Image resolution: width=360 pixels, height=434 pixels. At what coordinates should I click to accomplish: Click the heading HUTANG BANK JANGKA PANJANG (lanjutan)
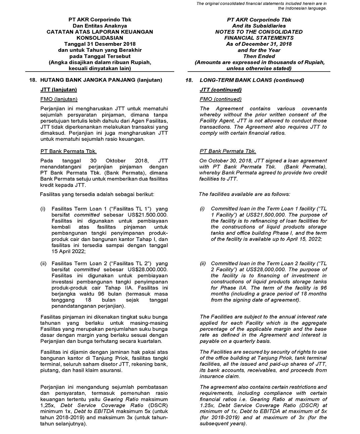coord(101,80)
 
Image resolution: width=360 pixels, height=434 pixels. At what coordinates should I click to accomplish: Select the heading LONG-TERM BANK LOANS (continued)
coord(252,80)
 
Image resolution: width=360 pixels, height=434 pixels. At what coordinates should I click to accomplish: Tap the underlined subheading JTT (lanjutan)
coord(58,90)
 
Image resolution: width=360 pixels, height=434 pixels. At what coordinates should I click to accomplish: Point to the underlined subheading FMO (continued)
coord(220,99)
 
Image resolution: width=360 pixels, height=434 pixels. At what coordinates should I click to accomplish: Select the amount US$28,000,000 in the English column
coord(265,270)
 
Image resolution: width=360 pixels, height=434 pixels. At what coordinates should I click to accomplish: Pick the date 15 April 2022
coord(69,251)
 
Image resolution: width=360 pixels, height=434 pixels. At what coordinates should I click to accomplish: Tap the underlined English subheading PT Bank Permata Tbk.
coord(228,151)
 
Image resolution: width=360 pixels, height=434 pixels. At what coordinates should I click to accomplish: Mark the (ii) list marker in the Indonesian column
coord(43,264)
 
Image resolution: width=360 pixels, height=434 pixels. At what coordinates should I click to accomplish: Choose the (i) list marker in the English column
coord(202,209)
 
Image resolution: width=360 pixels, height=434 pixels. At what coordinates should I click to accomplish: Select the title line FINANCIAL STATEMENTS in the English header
coord(259,38)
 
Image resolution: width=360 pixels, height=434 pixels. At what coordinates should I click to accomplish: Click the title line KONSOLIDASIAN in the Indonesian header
coord(100,38)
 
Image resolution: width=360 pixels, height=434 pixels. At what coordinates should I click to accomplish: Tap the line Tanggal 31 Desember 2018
coord(100,44)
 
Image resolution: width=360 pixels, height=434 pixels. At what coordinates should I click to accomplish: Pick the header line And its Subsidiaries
coord(259,26)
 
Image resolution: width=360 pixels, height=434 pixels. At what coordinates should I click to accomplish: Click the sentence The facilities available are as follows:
coord(244,194)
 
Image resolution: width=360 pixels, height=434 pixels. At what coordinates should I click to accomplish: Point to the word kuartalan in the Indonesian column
coord(150,341)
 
